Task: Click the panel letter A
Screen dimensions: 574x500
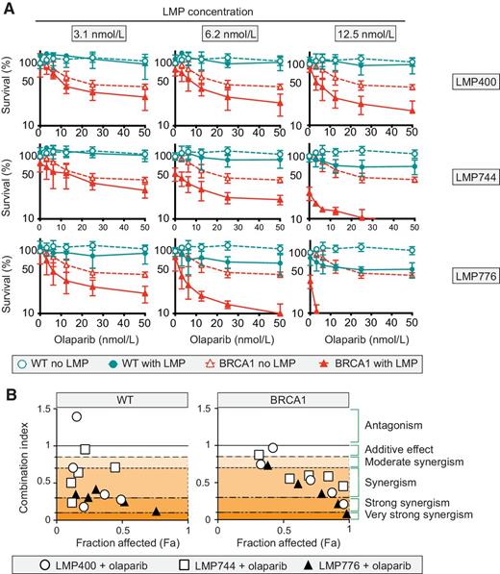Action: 8,9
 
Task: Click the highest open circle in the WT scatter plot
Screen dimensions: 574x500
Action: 77,415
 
